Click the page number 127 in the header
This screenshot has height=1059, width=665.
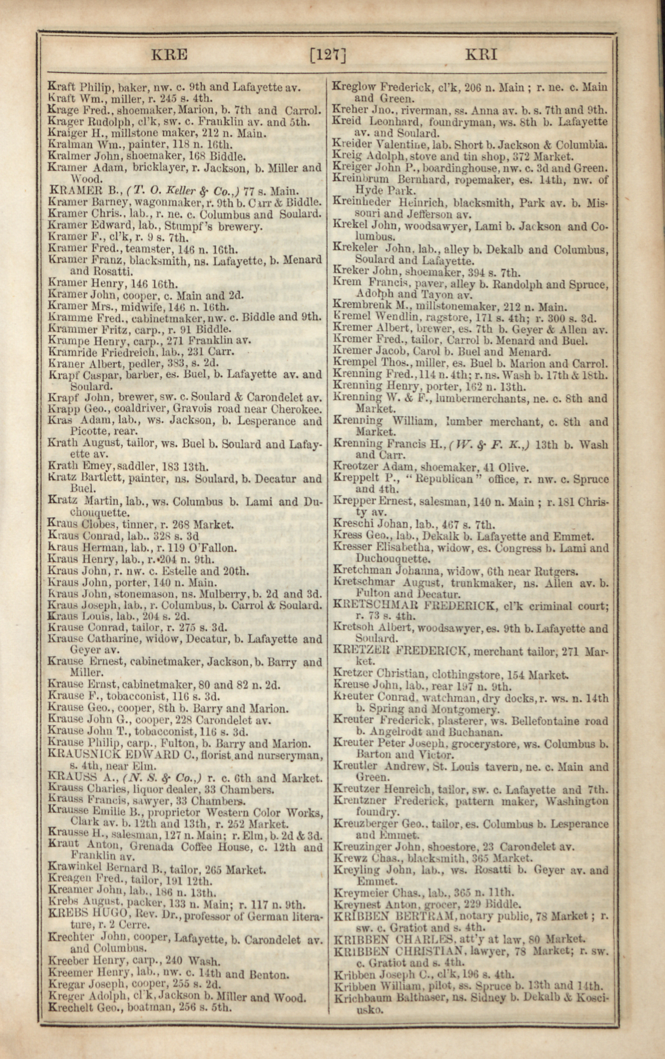point(328,56)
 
